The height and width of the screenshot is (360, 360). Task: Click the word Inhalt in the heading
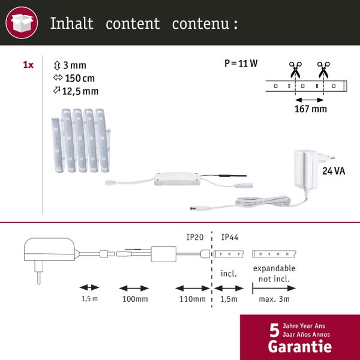(71, 24)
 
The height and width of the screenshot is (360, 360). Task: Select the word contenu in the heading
(200, 25)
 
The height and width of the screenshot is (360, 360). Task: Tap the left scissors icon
(295, 70)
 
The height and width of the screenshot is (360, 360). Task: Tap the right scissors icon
(324, 70)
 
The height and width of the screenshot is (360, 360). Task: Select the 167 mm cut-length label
(311, 109)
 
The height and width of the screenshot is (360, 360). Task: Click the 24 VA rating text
(334, 171)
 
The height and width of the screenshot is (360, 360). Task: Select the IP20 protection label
(195, 238)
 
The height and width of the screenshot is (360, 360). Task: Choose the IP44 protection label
(230, 238)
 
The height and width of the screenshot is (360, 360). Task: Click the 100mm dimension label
(135, 299)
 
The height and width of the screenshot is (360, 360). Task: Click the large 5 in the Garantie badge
(274, 331)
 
